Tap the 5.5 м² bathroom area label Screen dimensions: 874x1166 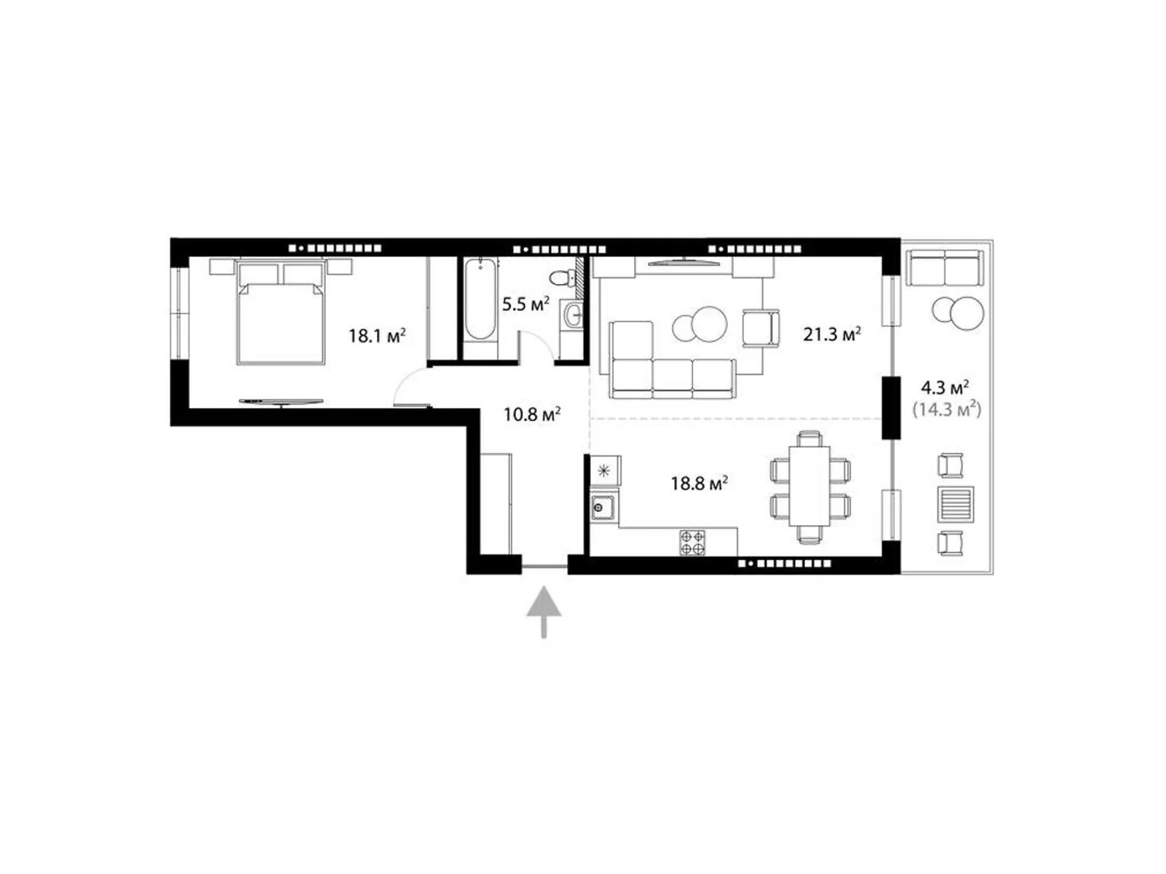[525, 304]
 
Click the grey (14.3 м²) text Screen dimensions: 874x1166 [947, 409]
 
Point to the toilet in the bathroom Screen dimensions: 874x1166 [561, 277]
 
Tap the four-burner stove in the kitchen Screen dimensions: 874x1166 [692, 542]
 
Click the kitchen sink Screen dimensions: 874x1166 [603, 506]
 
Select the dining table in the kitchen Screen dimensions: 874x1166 [810, 484]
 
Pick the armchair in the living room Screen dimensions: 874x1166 [761, 328]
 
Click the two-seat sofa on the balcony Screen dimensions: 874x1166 [944, 269]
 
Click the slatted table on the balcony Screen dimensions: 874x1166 [955, 503]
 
